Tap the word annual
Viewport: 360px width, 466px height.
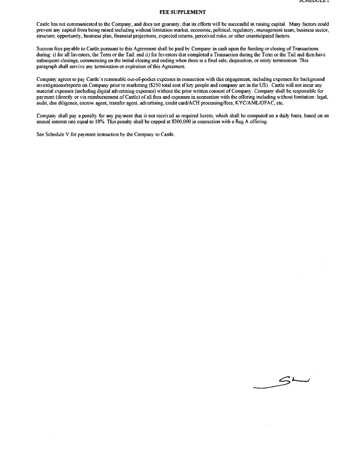pyautogui.click(x=44, y=121)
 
